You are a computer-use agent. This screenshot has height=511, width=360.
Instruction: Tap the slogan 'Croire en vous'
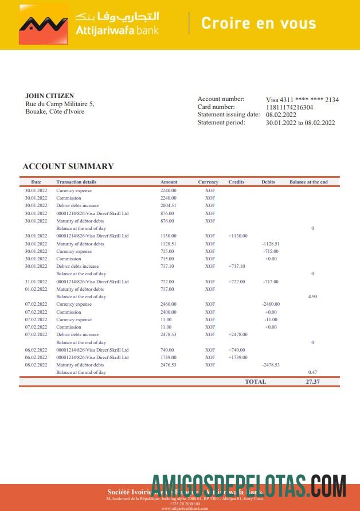[x=259, y=24]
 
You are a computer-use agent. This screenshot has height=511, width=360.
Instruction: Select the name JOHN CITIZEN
[x=49, y=96]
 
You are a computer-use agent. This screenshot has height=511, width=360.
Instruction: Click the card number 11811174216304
[x=289, y=107]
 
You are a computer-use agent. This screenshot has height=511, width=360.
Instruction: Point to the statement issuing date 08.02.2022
[x=281, y=115]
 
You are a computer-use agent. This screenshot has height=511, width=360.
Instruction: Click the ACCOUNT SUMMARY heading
[x=68, y=166]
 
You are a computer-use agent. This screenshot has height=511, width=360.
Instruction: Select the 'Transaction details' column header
[x=76, y=182]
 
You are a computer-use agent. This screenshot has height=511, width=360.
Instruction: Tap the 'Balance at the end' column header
[x=308, y=182]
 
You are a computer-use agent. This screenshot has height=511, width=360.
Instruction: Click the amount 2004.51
[x=169, y=205]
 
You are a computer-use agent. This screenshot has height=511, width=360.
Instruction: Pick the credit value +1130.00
[x=238, y=236]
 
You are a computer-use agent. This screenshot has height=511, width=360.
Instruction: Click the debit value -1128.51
[x=271, y=244]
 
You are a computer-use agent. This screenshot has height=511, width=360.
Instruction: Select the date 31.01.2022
[x=36, y=282]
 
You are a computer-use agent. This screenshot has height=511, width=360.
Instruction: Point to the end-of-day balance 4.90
[x=312, y=297]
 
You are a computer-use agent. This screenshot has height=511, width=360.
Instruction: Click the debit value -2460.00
[x=270, y=304]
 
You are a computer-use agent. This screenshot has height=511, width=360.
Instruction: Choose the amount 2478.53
[x=169, y=334]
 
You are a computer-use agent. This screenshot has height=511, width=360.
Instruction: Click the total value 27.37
[x=312, y=381]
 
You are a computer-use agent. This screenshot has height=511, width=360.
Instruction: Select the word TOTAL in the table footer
[x=255, y=381]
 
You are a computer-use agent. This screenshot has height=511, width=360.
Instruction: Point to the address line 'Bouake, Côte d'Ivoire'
[x=54, y=111]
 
